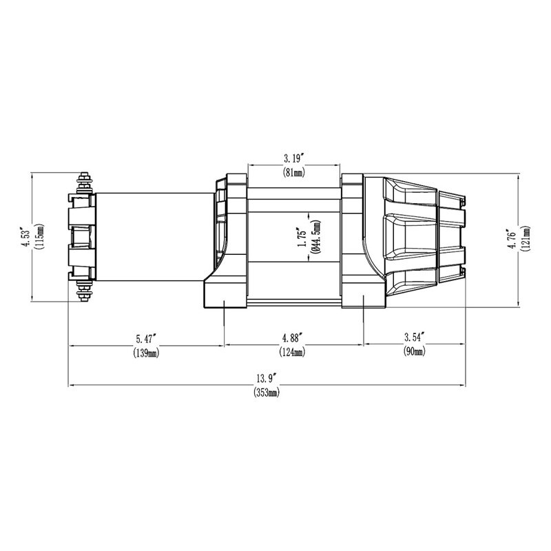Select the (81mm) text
293,172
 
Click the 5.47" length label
145,338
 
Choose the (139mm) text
145,353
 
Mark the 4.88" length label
293,338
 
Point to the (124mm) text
293,353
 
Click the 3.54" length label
413,338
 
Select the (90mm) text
413,353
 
